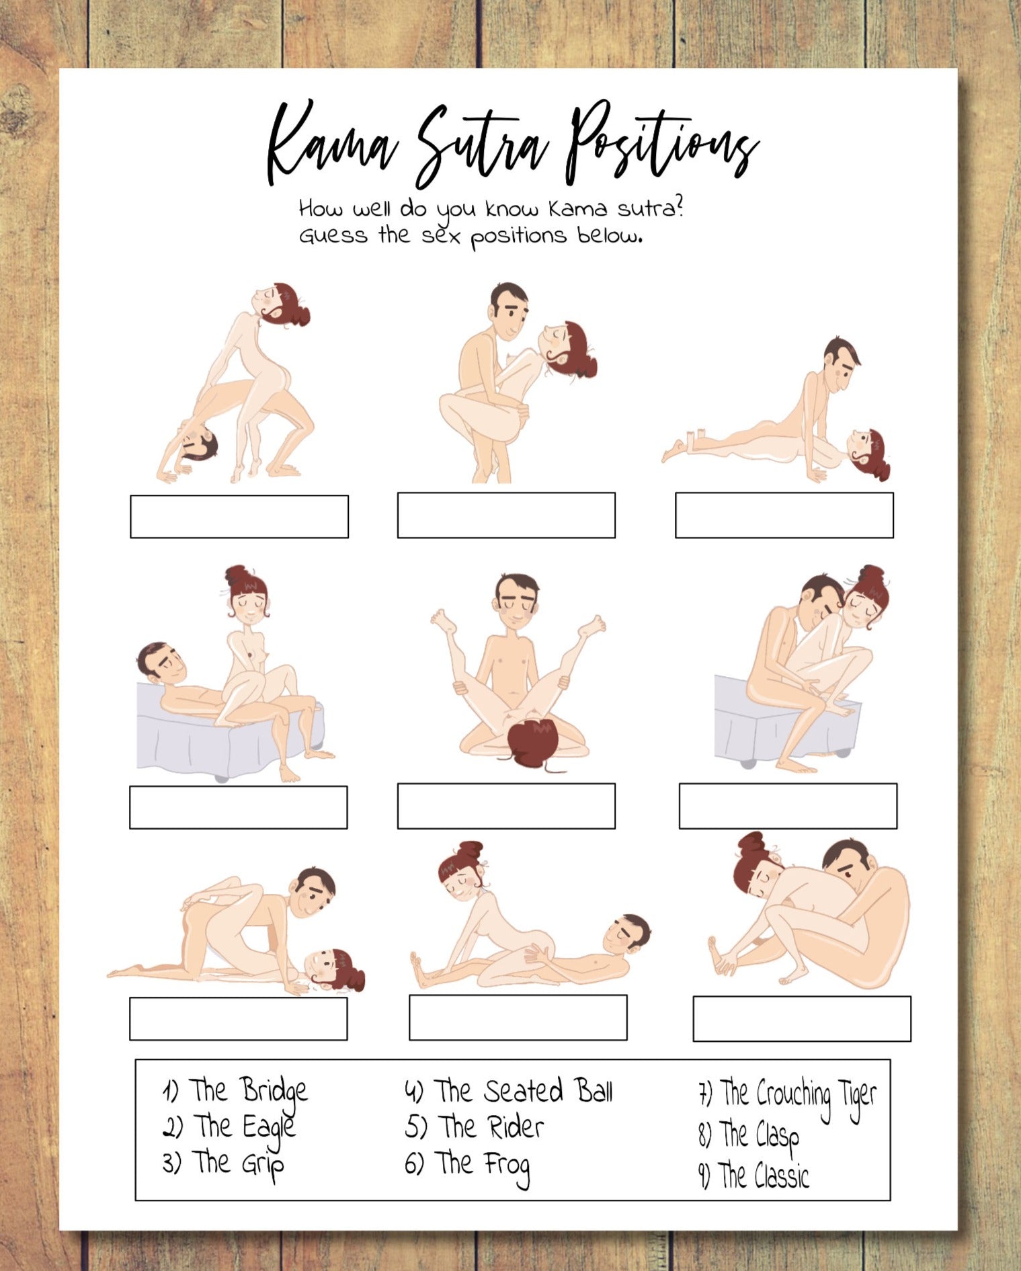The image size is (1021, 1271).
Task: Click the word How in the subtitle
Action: [320, 208]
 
